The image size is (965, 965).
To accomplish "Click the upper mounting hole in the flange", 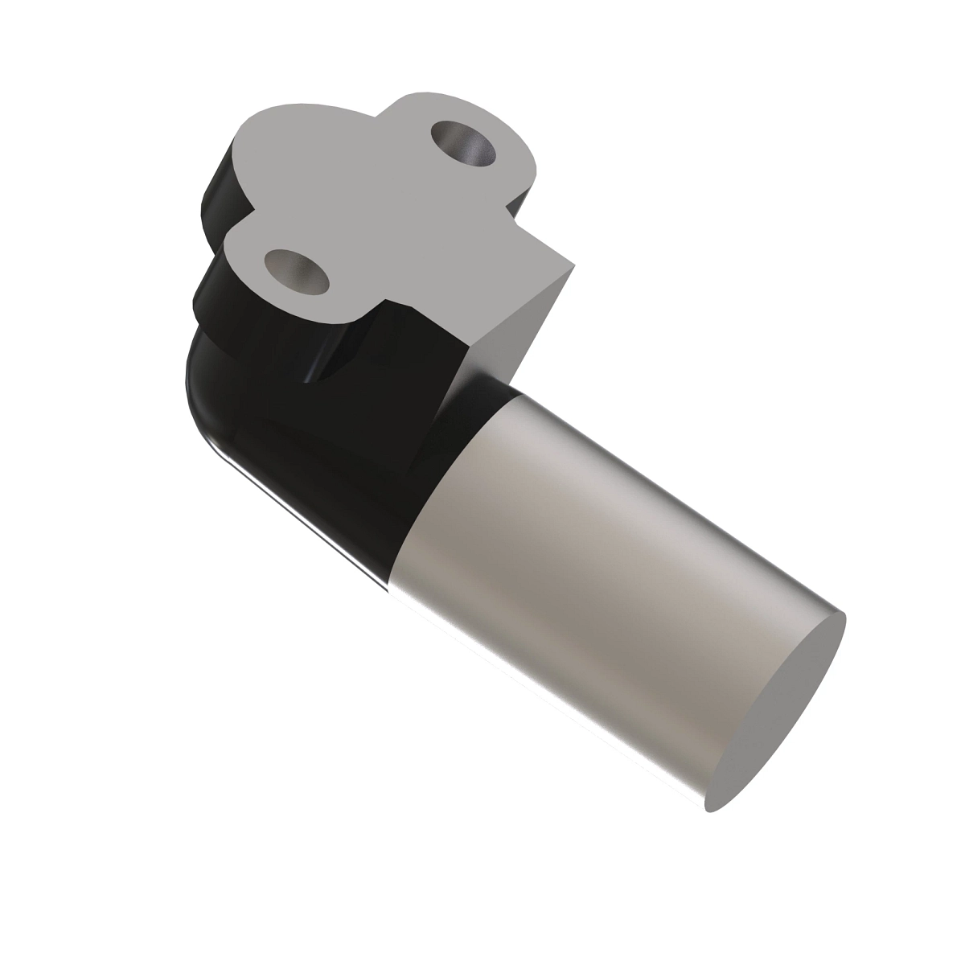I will (x=464, y=143).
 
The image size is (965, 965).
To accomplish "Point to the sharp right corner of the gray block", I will (x=574, y=264).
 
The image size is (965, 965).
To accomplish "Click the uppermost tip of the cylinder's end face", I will (x=844, y=616).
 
